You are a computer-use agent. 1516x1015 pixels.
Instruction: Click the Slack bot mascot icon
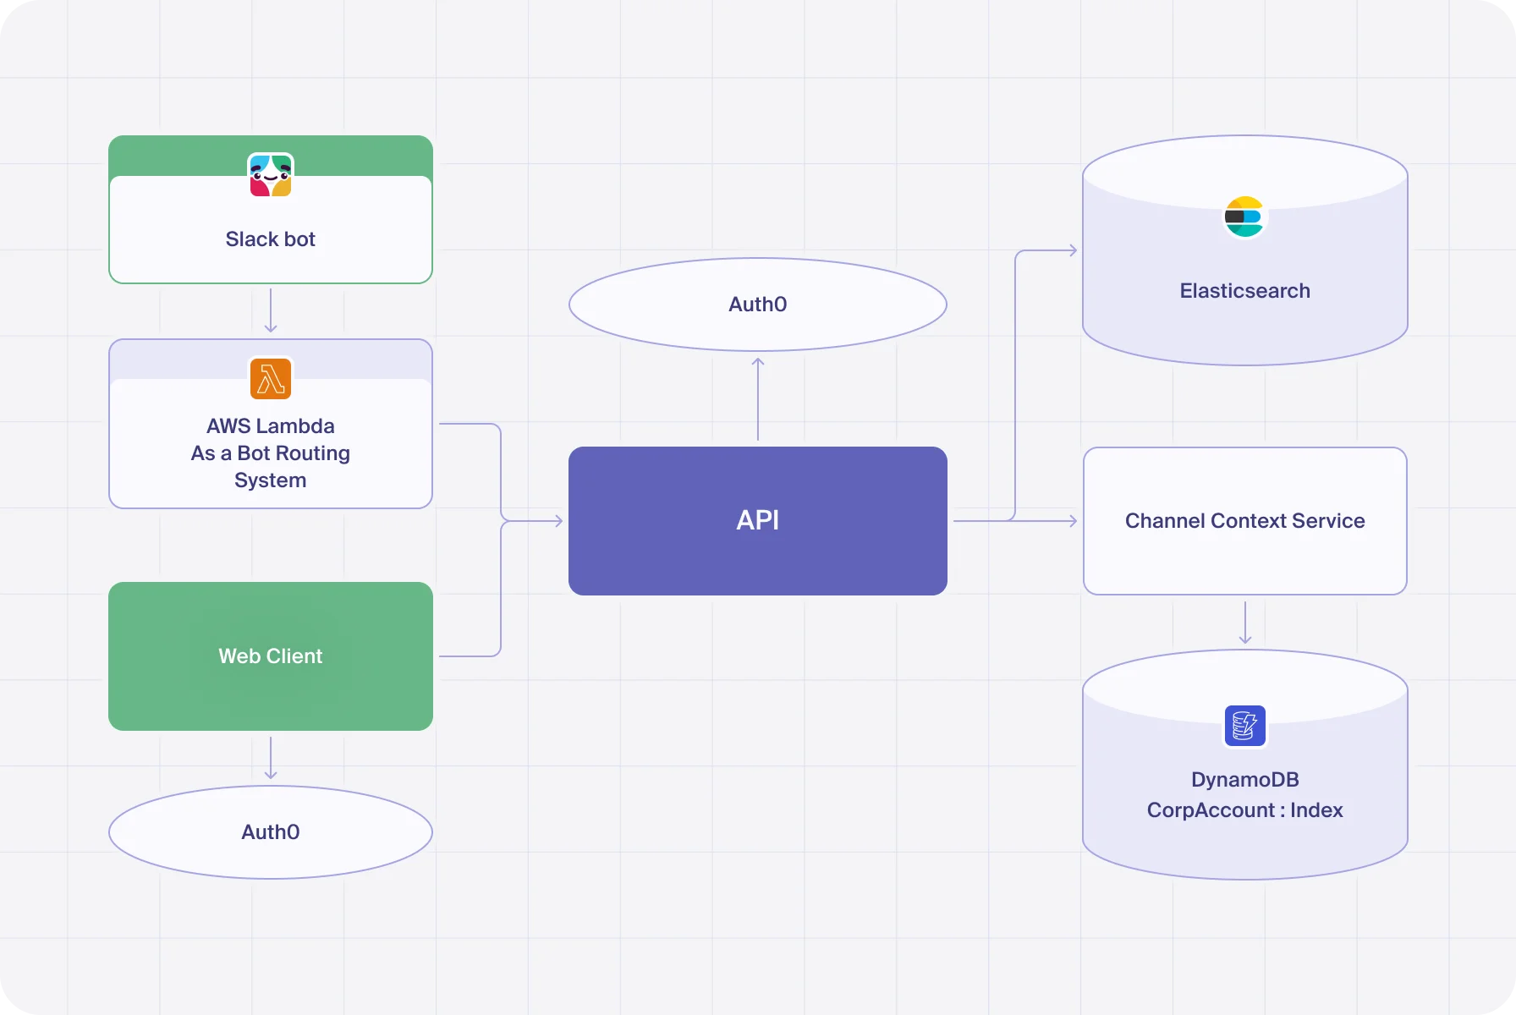coord(271,175)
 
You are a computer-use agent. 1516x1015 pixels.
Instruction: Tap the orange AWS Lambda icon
coord(271,378)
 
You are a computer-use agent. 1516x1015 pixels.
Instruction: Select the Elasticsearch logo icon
coord(1244,217)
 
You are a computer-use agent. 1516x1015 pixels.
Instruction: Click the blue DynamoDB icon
coord(1244,726)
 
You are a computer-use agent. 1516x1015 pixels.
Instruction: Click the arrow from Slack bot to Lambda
coord(271,311)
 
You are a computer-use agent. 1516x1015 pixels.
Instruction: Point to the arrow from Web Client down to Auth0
coord(271,758)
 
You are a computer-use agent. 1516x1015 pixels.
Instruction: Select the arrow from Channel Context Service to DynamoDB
coord(1244,623)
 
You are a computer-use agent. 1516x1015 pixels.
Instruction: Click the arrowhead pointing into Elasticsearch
coord(1072,250)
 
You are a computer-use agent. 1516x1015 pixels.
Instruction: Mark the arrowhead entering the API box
coord(558,521)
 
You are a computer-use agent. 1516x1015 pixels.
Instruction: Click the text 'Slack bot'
coord(271,239)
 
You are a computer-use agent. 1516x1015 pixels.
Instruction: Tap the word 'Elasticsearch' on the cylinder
coord(1244,291)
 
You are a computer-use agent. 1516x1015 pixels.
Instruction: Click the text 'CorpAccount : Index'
coord(1244,810)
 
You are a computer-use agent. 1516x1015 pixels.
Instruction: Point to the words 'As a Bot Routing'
coord(271,453)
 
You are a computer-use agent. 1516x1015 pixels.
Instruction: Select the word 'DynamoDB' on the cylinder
coord(1244,780)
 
